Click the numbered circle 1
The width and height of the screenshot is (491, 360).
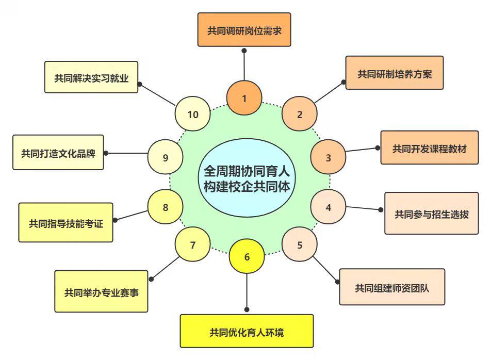[x=244, y=97]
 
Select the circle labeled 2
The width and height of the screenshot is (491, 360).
[x=300, y=114]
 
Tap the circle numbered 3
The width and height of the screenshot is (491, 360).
[x=329, y=157]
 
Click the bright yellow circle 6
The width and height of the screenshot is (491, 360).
[x=247, y=256]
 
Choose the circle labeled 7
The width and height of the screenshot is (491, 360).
[x=193, y=244]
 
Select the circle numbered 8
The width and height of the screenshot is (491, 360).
[x=166, y=207]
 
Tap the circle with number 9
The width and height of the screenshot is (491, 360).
[x=166, y=157]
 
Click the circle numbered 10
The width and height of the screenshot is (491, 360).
[x=193, y=114]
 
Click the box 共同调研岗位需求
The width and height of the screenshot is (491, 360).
[x=244, y=30]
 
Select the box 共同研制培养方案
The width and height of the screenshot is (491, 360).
[x=395, y=73]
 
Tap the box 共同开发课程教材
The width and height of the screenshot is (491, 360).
[x=430, y=148]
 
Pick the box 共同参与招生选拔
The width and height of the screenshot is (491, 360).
[x=432, y=214]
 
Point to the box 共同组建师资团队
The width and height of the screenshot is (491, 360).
[x=392, y=287]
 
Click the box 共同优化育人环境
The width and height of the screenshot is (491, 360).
[x=247, y=331]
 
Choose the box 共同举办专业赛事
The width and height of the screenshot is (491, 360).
[x=102, y=292]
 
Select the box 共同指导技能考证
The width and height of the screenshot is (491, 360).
[x=66, y=223]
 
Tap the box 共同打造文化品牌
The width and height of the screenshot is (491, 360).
[x=58, y=153]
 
